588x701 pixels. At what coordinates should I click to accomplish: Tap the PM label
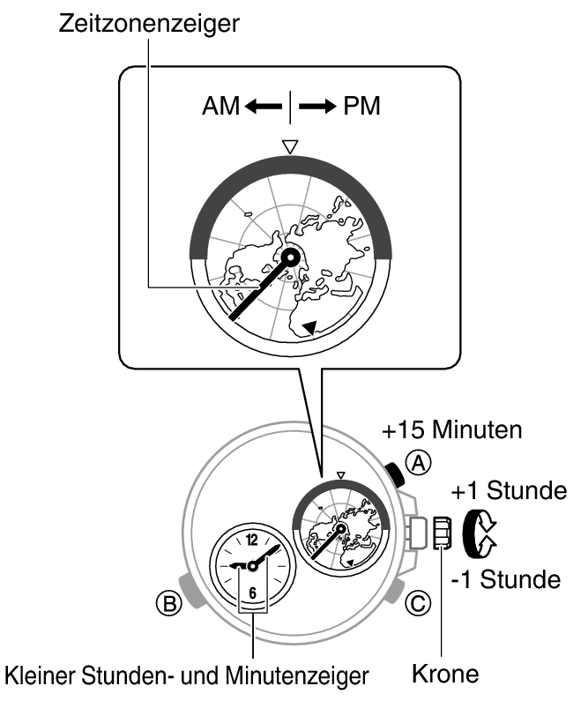362,107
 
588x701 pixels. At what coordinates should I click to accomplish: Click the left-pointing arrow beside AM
261,107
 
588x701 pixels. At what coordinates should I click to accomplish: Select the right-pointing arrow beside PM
318,107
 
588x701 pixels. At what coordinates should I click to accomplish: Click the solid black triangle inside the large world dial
309,327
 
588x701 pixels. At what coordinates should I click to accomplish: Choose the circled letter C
421,603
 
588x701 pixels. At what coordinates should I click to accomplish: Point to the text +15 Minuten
452,431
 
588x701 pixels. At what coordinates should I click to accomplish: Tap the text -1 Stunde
505,579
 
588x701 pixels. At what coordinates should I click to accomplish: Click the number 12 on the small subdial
252,540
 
